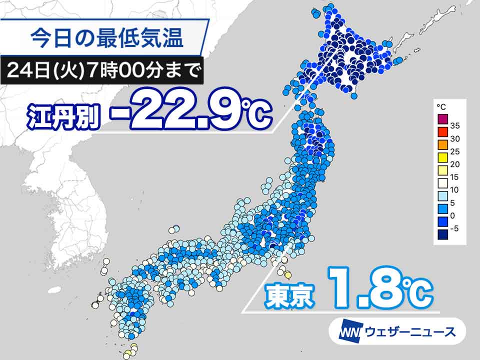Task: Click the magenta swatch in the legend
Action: tap(442, 119)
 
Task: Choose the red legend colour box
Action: tap(442, 132)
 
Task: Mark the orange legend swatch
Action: tap(442, 145)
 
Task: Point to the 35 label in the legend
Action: tap(455, 125)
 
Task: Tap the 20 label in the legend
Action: tap(455, 164)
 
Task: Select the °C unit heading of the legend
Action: tap(441, 107)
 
